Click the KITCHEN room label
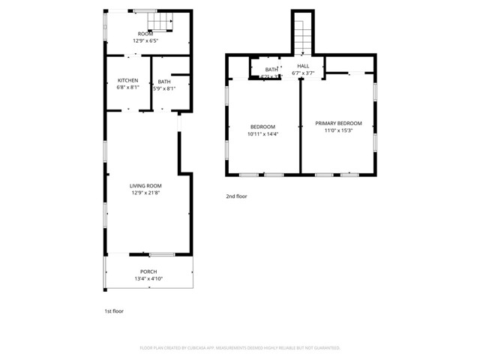tap(127, 80)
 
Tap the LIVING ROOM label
tap(145, 186)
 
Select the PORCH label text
tap(148, 271)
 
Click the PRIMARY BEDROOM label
tap(338, 123)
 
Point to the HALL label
tap(303, 66)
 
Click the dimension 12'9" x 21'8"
tap(145, 193)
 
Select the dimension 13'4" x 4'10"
tap(148, 279)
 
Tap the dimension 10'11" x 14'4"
tap(262, 134)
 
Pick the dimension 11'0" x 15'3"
tap(338, 130)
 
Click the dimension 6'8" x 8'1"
tap(127, 88)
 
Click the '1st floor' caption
tap(113, 310)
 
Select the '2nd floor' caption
tap(236, 196)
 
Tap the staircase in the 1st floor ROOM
tap(163, 22)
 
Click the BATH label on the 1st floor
tap(163, 81)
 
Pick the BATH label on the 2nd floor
tap(271, 69)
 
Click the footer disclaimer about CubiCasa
tap(240, 348)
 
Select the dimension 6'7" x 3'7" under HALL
tap(303, 73)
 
